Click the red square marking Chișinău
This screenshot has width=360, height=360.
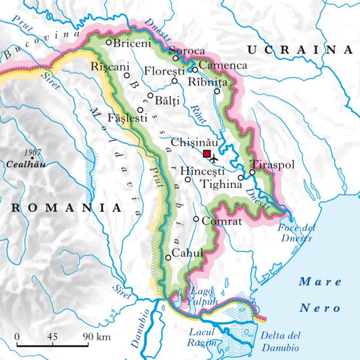pos(207,154)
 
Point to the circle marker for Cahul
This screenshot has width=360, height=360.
pos(168,258)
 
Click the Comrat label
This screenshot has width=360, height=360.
pos(221,221)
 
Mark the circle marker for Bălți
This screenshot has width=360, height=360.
pos(150,96)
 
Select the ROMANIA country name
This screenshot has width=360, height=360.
pos(66,208)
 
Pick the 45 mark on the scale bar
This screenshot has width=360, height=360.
pos(53,336)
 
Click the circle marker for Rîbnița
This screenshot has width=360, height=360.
pos(217,92)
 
